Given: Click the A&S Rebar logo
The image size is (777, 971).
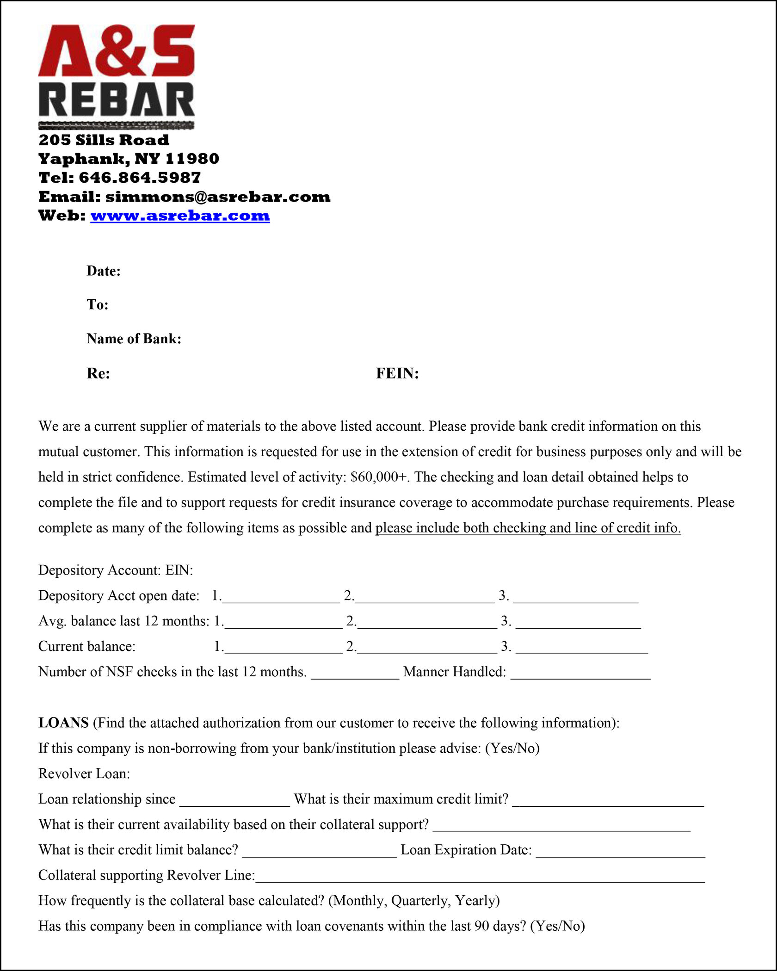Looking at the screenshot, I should click(x=117, y=76).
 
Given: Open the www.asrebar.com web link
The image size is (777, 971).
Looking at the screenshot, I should click(x=180, y=216).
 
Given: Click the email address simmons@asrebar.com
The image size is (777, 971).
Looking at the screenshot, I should click(x=218, y=197).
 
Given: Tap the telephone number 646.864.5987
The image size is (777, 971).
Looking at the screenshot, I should click(x=140, y=178).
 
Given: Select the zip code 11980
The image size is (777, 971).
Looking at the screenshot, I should click(x=192, y=159).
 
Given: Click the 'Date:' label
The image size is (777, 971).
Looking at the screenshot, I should click(x=104, y=271).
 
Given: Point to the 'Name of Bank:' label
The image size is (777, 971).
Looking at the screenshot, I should click(x=134, y=339).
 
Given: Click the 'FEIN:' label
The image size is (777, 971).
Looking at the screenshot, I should click(x=397, y=373).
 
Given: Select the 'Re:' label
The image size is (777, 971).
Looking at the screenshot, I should click(x=98, y=373).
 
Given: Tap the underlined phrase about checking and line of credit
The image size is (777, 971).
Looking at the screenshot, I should click(x=528, y=528).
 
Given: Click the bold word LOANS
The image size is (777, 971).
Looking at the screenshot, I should click(x=63, y=723).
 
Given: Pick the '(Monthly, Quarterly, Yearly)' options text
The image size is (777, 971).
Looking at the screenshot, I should click(x=414, y=901).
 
